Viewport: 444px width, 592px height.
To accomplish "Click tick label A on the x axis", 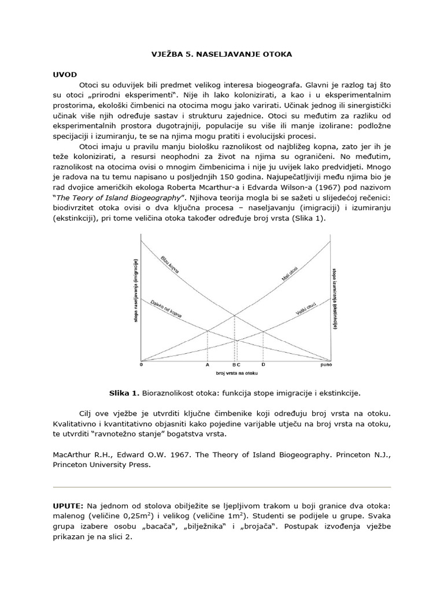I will (x=208, y=365).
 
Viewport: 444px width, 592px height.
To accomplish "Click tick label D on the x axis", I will (x=264, y=365).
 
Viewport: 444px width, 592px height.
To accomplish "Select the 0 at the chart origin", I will (x=142, y=365).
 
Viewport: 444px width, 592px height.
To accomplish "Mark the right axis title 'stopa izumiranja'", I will (x=335, y=298).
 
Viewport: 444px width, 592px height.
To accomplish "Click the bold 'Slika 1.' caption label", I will (x=124, y=394).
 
